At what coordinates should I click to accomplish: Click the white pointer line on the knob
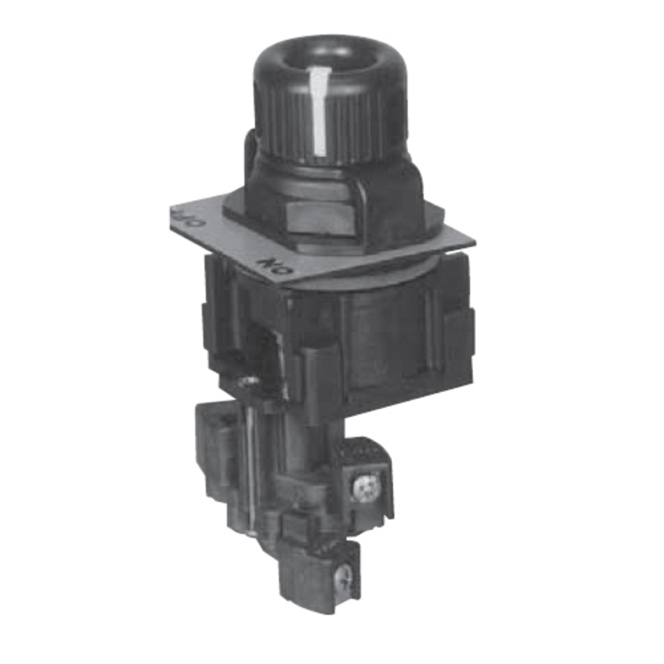(319, 110)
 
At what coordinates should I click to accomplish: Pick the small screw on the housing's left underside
(250, 380)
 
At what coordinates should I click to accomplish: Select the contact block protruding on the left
(216, 438)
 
